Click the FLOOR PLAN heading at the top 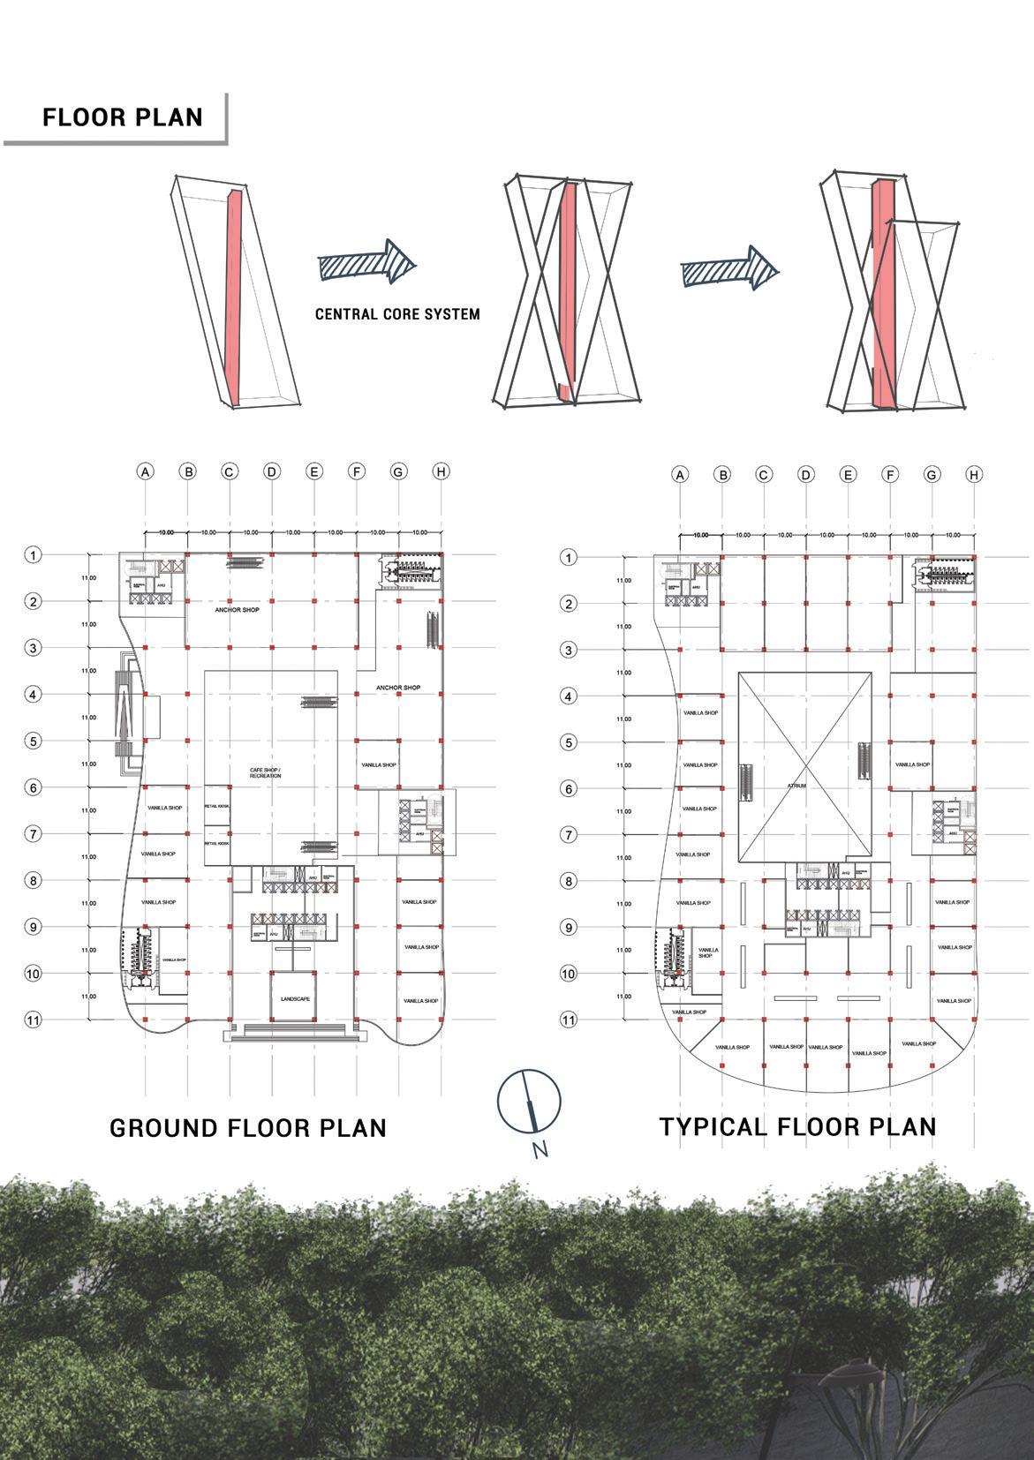122,117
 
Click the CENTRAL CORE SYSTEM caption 397,313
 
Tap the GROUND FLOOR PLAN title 248,1127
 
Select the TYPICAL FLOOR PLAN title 797,1126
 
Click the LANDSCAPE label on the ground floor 294,998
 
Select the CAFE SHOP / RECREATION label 265,773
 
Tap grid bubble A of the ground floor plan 146,471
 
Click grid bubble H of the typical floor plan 974,474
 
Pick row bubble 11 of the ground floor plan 33,1020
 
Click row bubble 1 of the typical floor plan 570,558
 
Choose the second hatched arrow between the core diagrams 730,267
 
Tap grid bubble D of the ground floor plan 272,471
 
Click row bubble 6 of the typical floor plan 570,788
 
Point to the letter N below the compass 540,1150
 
